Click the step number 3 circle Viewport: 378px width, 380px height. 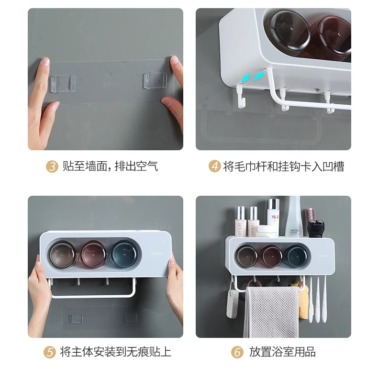click(x=52, y=167)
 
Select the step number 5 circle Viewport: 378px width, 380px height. click(x=50, y=352)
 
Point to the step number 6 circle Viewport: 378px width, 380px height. click(x=237, y=352)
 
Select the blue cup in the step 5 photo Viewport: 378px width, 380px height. click(x=122, y=254)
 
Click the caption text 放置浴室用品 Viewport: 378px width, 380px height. click(x=282, y=352)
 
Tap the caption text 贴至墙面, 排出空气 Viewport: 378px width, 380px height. click(x=110, y=167)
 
